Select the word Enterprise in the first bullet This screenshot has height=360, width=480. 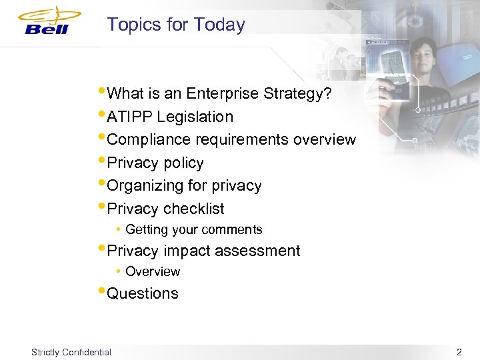coord(227,94)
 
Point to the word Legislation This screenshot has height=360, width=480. coord(195,117)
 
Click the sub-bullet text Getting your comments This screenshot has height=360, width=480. coord(194,230)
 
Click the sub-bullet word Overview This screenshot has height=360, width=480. coord(153,272)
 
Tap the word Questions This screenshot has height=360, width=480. coord(143,294)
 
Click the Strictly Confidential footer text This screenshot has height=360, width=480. coord(71,352)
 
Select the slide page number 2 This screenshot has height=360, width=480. coord(458,351)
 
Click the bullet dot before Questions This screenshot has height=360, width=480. coord(101,291)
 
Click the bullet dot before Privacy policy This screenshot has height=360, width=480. coord(101,160)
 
